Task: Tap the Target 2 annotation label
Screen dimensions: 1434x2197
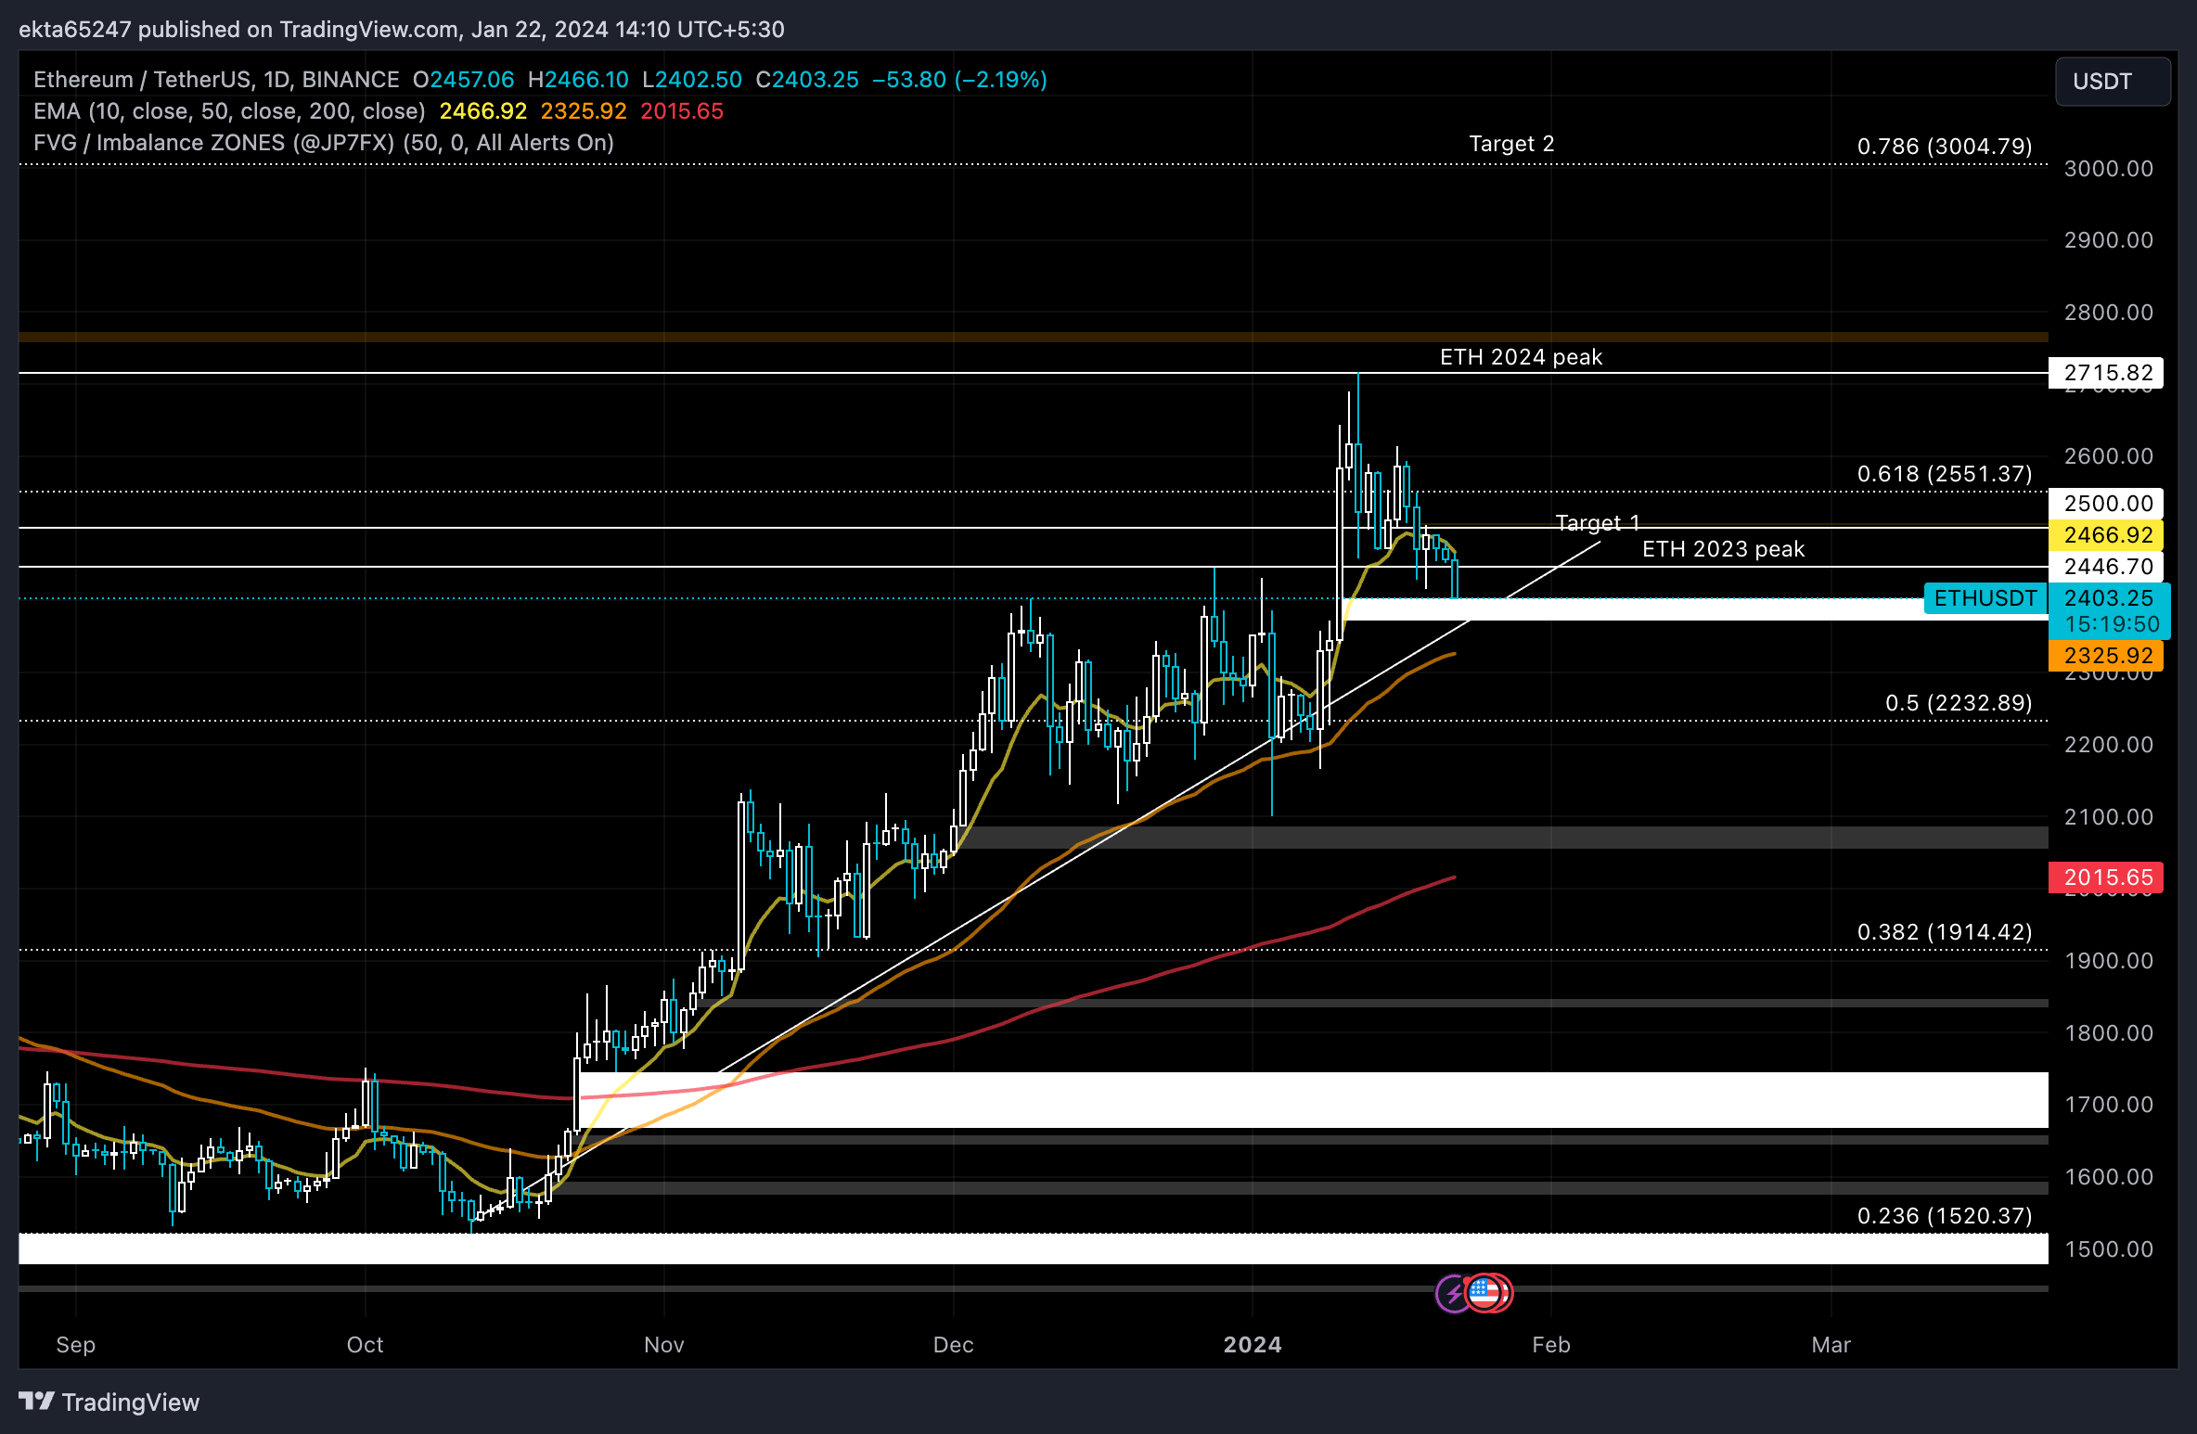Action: click(x=1511, y=144)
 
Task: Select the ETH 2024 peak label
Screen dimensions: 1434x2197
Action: click(x=1521, y=357)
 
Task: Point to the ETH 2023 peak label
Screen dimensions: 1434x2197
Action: click(x=1723, y=549)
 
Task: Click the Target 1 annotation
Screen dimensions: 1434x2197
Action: click(x=1597, y=523)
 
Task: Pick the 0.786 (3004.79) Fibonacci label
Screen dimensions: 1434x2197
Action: click(x=1944, y=147)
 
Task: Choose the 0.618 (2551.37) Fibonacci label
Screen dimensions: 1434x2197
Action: click(x=1944, y=474)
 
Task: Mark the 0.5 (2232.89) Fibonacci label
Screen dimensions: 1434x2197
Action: click(x=1958, y=703)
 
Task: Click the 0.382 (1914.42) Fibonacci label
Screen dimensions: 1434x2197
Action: click(x=1944, y=932)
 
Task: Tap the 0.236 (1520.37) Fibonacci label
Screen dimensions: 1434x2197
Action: click(x=1944, y=1216)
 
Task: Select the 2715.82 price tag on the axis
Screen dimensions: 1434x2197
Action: click(x=2107, y=373)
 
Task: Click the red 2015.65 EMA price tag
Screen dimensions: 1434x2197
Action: click(x=2107, y=877)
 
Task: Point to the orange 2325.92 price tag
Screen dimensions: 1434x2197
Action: click(x=2107, y=656)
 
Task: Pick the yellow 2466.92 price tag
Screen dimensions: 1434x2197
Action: click(x=2107, y=535)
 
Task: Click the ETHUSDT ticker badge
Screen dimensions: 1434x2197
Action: click(x=1985, y=598)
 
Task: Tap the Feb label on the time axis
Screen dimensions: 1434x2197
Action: click(x=1550, y=1345)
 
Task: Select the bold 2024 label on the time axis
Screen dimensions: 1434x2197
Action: click(x=1252, y=1345)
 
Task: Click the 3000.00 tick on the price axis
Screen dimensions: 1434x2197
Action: click(x=2108, y=169)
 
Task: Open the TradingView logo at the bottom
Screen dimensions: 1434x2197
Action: click(x=109, y=1402)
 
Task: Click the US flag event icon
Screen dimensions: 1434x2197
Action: click(x=1485, y=1292)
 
